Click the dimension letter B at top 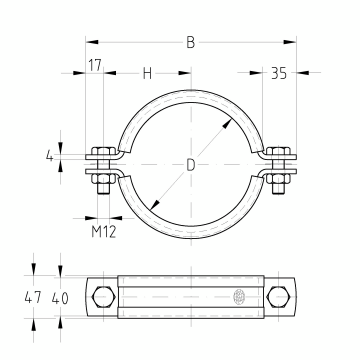[x=190, y=42]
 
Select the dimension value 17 [x=95, y=65]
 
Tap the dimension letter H [x=147, y=73]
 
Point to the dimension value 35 [x=279, y=73]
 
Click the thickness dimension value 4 [x=49, y=156]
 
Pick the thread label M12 [x=104, y=232]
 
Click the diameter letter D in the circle [x=190, y=165]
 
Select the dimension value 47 [x=33, y=297]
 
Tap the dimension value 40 [x=60, y=298]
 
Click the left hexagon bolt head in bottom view [x=104, y=296]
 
